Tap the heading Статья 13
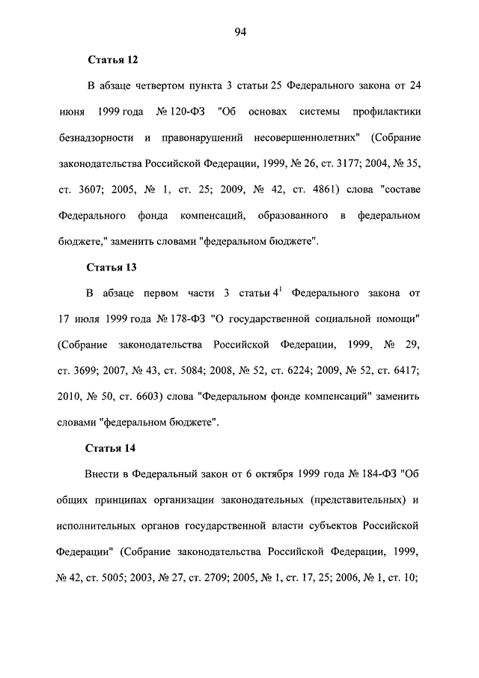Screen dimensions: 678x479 point(112,266)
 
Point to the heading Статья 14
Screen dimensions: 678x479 point(112,447)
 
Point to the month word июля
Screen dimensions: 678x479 point(88,319)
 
